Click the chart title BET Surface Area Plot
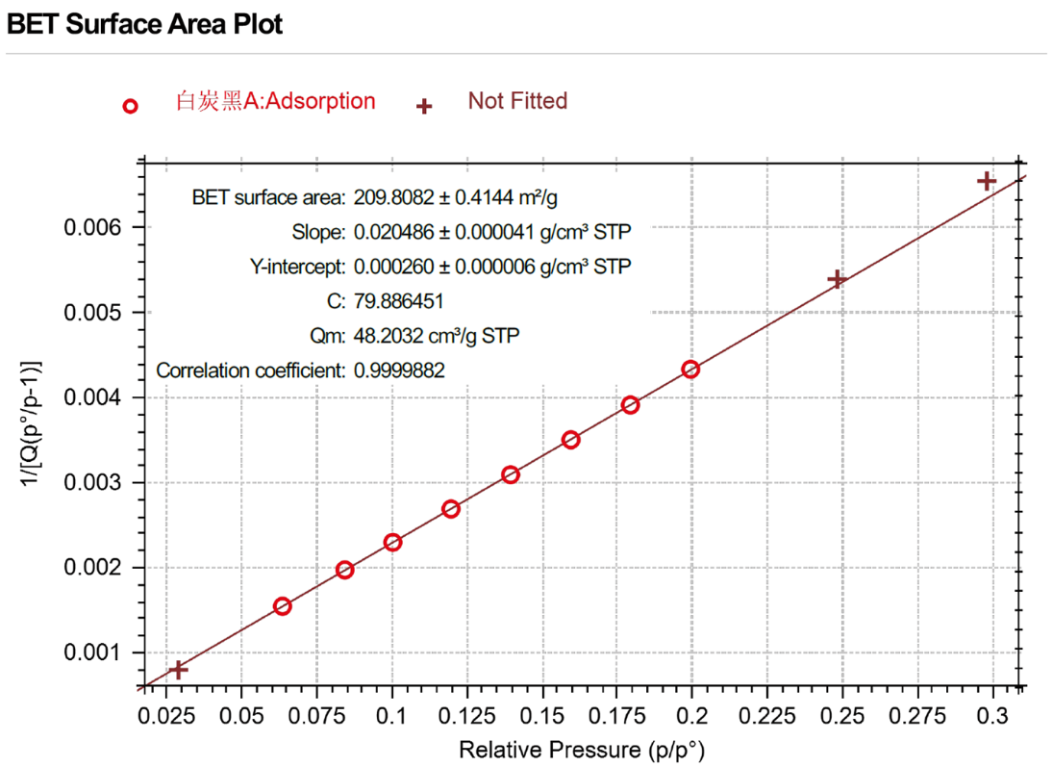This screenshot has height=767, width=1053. [x=145, y=24]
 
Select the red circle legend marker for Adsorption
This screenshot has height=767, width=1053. [x=131, y=106]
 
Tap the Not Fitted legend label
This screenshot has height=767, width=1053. [x=517, y=101]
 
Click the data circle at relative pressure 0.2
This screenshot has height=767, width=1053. [x=690, y=370]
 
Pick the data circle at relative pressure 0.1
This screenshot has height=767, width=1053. [x=392, y=543]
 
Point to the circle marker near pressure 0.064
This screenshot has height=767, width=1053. [x=282, y=606]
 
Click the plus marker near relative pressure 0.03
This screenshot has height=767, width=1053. [x=178, y=670]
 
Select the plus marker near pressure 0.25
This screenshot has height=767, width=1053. [x=837, y=279]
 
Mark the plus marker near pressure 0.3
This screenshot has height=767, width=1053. [x=986, y=181]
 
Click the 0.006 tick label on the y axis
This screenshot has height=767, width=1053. [x=92, y=228]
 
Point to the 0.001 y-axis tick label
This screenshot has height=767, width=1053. [x=92, y=653]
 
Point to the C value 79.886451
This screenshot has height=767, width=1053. [x=398, y=301]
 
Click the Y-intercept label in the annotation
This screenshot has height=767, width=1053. [x=298, y=267]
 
